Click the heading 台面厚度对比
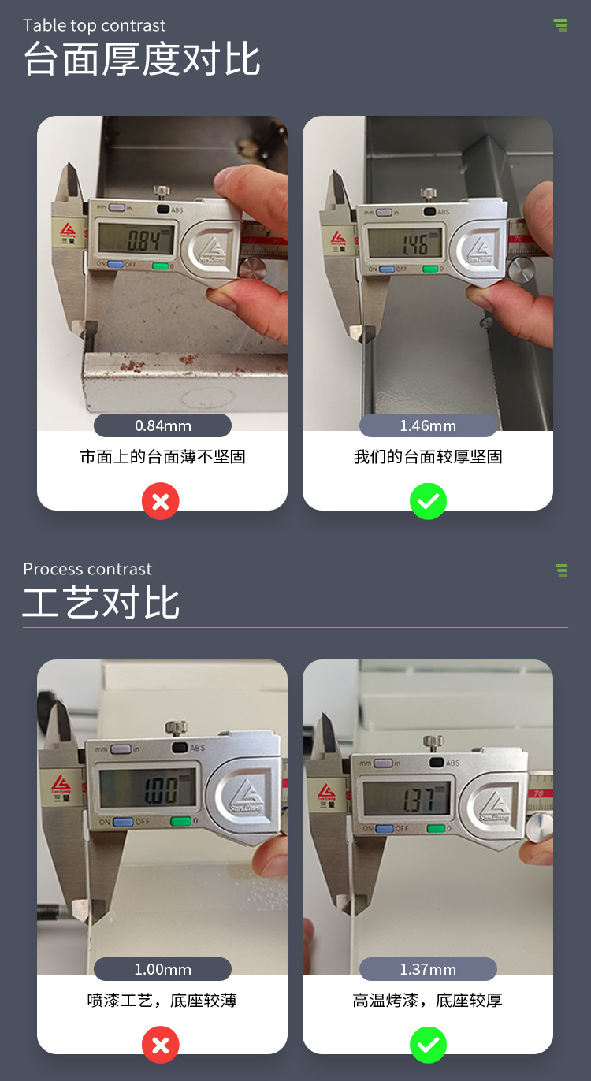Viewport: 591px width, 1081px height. (x=142, y=60)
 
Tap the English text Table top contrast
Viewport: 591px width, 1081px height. (x=95, y=25)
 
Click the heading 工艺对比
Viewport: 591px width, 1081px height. (x=102, y=604)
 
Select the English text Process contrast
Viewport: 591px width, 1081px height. (x=87, y=569)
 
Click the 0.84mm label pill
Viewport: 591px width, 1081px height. (x=162, y=425)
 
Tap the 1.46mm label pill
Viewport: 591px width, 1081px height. (x=428, y=425)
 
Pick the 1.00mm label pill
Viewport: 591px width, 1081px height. (x=162, y=969)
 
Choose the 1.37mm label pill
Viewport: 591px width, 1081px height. (x=428, y=969)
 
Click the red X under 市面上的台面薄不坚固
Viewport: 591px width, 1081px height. (x=161, y=501)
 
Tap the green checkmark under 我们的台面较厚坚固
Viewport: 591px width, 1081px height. (x=428, y=501)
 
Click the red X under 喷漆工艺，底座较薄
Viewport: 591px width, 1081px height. (x=161, y=1045)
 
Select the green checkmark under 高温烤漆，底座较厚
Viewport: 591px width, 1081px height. (x=428, y=1045)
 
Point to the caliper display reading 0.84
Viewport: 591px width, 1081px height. (x=136, y=237)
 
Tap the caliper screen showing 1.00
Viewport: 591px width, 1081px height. (x=147, y=788)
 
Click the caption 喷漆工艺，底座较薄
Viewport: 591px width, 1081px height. (x=162, y=1001)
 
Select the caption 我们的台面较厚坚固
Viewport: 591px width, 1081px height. (x=428, y=457)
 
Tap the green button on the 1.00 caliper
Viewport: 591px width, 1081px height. (x=180, y=822)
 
